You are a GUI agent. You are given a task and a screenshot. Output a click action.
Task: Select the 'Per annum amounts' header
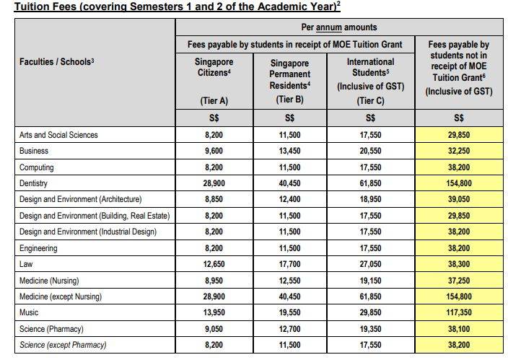pyautogui.click(x=339, y=27)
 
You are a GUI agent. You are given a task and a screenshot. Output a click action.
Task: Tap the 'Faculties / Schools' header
pyautogui.click(x=57, y=62)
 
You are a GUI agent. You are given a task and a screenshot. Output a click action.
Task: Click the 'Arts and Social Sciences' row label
pyautogui.click(x=58, y=135)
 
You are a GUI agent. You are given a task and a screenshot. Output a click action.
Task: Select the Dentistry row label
pyautogui.click(x=35, y=183)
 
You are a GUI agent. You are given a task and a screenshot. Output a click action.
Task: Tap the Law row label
pyautogui.click(x=26, y=264)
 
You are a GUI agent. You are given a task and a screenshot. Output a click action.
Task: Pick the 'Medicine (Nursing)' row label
pyautogui.click(x=48, y=280)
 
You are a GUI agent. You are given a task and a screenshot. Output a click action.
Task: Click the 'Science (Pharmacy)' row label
pyautogui.click(x=49, y=329)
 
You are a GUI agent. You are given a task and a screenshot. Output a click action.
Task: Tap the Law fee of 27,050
pyautogui.click(x=370, y=264)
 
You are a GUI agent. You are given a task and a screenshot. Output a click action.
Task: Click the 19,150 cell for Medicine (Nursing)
pyautogui.click(x=370, y=280)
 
